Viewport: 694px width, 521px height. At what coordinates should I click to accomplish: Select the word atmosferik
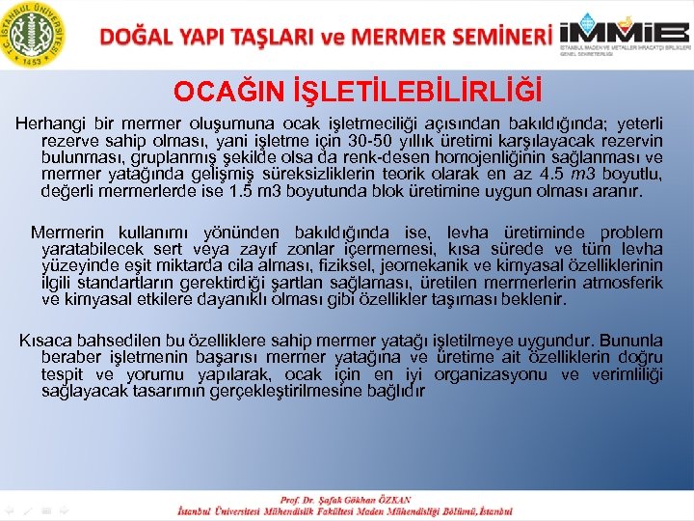pos(625,283)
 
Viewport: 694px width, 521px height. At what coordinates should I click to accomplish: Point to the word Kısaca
pos(46,341)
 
